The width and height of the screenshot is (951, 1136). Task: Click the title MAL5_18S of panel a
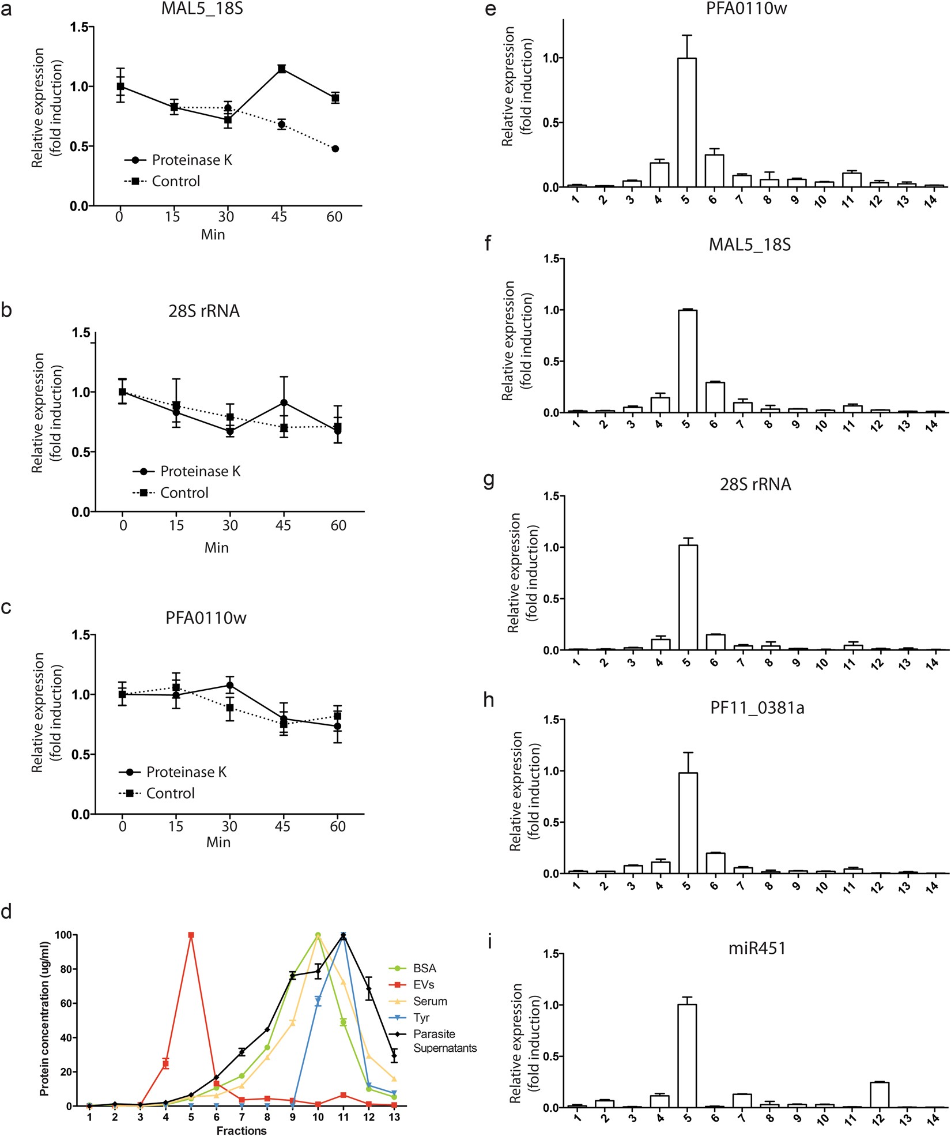click(x=202, y=9)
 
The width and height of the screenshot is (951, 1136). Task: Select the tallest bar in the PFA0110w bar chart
click(x=686, y=122)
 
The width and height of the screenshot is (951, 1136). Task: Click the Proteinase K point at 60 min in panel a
click(x=335, y=149)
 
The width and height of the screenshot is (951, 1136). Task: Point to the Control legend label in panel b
click(x=184, y=493)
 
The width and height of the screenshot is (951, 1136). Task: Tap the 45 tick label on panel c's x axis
click(x=282, y=826)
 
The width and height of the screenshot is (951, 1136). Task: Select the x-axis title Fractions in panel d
click(x=241, y=1131)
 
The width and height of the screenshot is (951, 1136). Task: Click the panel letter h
click(x=489, y=700)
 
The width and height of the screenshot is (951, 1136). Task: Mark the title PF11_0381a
click(x=757, y=708)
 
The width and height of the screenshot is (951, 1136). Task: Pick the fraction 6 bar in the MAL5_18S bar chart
click(x=714, y=397)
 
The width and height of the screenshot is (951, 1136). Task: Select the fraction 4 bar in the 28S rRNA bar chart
click(x=660, y=644)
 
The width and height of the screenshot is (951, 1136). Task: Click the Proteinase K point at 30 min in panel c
click(x=229, y=686)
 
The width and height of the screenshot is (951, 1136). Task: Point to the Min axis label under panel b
click(x=216, y=548)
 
